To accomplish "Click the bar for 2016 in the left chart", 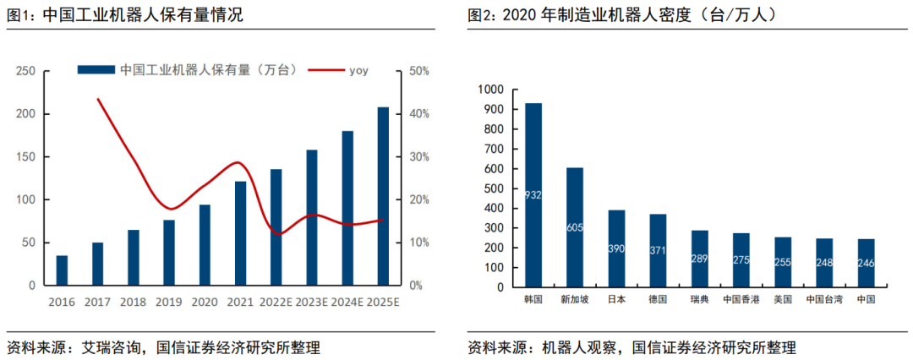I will pyautogui.click(x=62, y=270).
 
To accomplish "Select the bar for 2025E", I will pyautogui.click(x=383, y=196).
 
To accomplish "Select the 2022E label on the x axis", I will pyautogui.click(x=276, y=301).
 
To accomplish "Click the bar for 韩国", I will pyautogui.click(x=533, y=196).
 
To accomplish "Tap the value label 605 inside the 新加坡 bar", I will pyautogui.click(x=575, y=228).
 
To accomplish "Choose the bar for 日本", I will pyautogui.click(x=616, y=249).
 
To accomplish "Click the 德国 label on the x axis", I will pyautogui.click(x=658, y=300).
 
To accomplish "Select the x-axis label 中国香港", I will pyautogui.click(x=741, y=300).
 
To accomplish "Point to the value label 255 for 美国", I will pyautogui.click(x=783, y=263).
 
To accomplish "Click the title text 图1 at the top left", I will pyautogui.click(x=20, y=15).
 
